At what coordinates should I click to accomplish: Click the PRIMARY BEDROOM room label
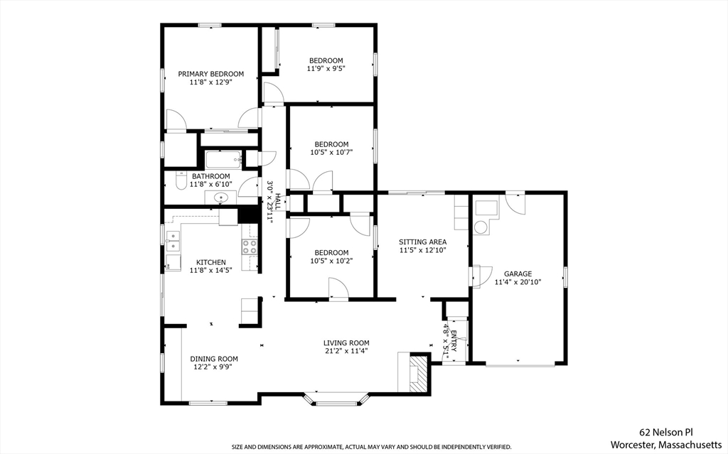[x=210, y=74]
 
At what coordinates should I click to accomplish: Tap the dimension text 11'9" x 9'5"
[x=326, y=69]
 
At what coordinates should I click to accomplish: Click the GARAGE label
[x=518, y=274]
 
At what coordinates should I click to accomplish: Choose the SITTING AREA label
[x=422, y=242]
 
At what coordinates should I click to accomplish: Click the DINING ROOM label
[x=214, y=359]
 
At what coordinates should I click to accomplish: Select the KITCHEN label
[x=211, y=262]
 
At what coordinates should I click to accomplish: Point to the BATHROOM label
[x=210, y=176]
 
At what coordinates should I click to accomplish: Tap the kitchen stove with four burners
[x=250, y=247]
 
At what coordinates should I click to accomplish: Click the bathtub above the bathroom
[x=223, y=158]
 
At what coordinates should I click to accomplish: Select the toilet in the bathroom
[x=180, y=185]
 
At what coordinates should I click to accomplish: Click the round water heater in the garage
[x=481, y=227]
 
